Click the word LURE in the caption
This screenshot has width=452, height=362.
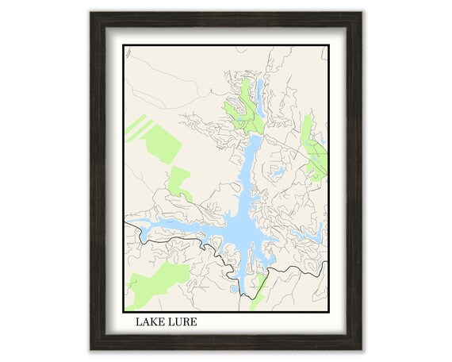[182, 322]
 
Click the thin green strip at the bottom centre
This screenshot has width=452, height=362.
[257, 297]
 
